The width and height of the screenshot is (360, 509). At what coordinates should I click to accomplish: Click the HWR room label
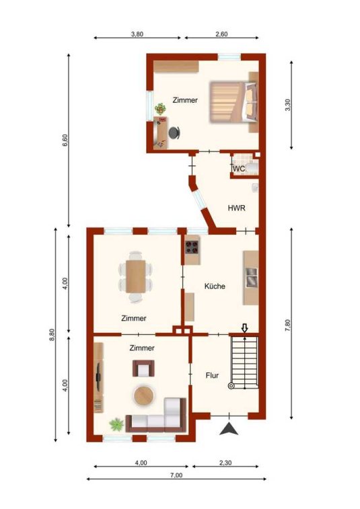pos(236,208)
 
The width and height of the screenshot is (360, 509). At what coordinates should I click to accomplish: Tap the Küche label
pos(215,286)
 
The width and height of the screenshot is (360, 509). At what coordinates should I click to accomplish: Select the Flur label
pos(212,376)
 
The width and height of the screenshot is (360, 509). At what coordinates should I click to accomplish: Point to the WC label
pos(239,169)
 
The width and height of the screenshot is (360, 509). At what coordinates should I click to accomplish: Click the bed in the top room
pos(233,102)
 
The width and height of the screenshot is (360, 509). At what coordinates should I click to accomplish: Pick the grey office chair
pos(174,132)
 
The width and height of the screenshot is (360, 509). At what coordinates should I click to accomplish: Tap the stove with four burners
pos(192,247)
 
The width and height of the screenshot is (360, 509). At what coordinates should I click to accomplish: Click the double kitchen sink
pos(252,278)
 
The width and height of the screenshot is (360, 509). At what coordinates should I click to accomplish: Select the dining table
pos(136,276)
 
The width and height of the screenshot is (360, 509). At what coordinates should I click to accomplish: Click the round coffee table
pos(143,395)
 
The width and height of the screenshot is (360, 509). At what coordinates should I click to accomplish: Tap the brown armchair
pos(143,368)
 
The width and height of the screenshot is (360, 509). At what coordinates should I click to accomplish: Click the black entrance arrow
pos(229,428)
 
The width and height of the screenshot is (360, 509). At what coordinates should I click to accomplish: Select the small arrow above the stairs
pos(245,328)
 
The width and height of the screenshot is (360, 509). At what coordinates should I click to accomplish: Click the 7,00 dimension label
pos(176,475)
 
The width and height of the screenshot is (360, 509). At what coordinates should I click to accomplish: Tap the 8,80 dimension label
pos(52,335)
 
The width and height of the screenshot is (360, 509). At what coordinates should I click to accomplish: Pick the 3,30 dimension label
pos(287,105)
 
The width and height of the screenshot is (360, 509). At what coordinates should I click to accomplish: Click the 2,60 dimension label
pos(221,34)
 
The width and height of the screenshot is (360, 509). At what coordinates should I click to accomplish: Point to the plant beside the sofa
pos(116,424)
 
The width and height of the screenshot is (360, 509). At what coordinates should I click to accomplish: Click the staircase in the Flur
pos(244,362)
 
